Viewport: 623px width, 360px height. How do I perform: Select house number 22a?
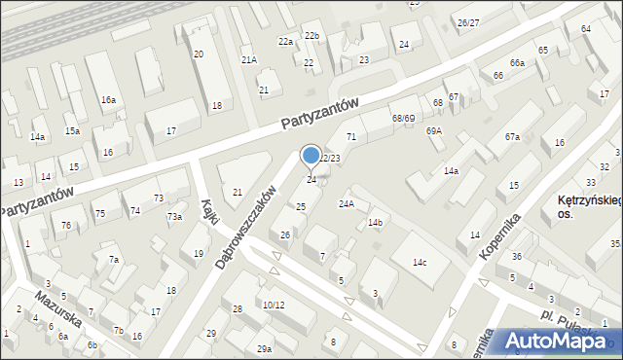(x=285, y=42)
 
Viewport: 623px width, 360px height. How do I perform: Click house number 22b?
(x=311, y=36)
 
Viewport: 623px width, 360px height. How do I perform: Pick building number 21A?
(x=249, y=60)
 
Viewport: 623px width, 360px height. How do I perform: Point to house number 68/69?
(x=403, y=118)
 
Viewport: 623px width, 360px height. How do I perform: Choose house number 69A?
(x=433, y=130)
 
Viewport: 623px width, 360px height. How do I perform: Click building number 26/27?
(x=469, y=22)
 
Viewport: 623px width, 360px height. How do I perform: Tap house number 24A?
(x=346, y=203)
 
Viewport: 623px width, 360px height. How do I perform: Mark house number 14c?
(x=419, y=263)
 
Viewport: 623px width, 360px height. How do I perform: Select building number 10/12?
(x=274, y=305)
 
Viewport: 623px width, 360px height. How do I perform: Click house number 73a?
(x=174, y=216)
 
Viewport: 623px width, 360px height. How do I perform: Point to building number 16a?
(x=108, y=100)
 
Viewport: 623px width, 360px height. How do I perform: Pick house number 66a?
(x=517, y=63)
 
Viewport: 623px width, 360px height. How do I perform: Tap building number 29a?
(x=264, y=348)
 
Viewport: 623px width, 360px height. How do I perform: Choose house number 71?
(x=351, y=136)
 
